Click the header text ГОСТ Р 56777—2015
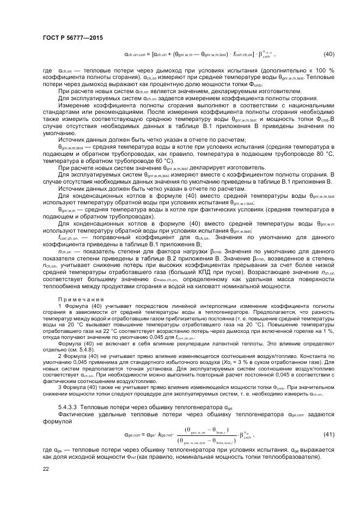(72, 38)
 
